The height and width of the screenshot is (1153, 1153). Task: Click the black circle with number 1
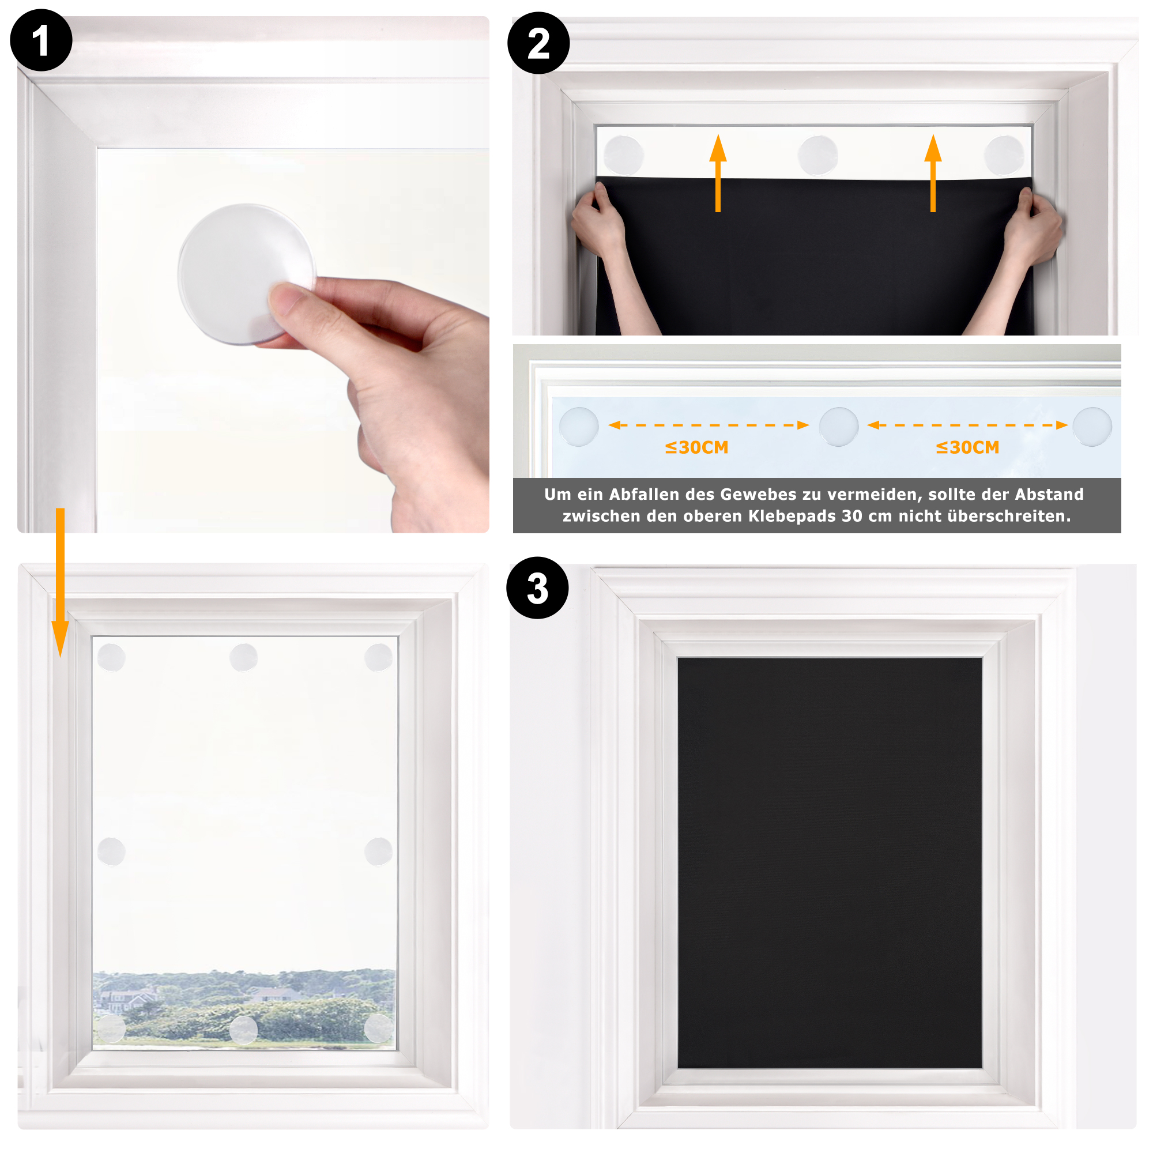pos(41,40)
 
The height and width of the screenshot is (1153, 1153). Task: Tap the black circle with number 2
pos(538,43)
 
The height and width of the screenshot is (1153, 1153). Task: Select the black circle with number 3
pos(537,588)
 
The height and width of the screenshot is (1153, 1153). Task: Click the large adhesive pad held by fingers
pos(246,273)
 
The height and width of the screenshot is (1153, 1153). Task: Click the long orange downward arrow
pos(60,582)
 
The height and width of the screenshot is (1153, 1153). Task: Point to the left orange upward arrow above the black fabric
pos(718,173)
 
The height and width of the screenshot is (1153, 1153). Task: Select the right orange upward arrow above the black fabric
pos(933,173)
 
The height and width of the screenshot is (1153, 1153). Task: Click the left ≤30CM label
pos(696,447)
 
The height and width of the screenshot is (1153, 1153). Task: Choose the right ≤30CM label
pos(967,447)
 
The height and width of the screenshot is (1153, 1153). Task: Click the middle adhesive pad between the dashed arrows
pos(838,427)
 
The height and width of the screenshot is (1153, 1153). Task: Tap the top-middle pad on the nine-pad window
pos(243,657)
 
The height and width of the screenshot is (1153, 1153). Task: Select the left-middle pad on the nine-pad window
pos(111,851)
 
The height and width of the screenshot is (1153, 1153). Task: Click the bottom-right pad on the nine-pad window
pos(378,1029)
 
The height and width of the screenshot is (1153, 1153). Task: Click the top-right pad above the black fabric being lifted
pos(1004,155)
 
